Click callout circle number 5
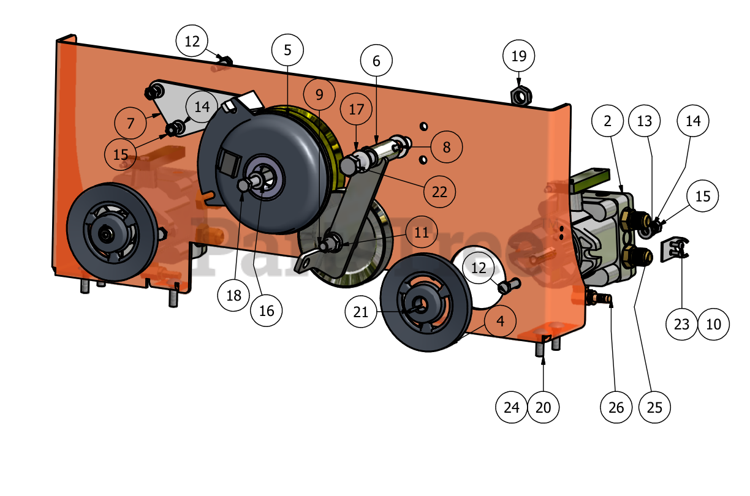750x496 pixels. click(x=288, y=50)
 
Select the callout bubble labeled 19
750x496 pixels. click(x=519, y=56)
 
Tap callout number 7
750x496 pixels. click(x=131, y=123)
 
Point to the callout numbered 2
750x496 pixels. click(x=607, y=121)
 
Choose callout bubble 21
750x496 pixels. click(x=361, y=312)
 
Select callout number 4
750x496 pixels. click(x=501, y=321)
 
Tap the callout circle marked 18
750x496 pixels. click(x=233, y=295)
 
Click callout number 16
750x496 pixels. click(x=267, y=310)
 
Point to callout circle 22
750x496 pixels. click(x=440, y=192)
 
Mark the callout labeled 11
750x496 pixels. click(x=422, y=233)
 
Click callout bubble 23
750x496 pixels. click(x=682, y=324)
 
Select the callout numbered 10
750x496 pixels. click(x=714, y=324)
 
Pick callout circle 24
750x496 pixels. click(x=512, y=407)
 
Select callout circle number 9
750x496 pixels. click(x=319, y=95)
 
